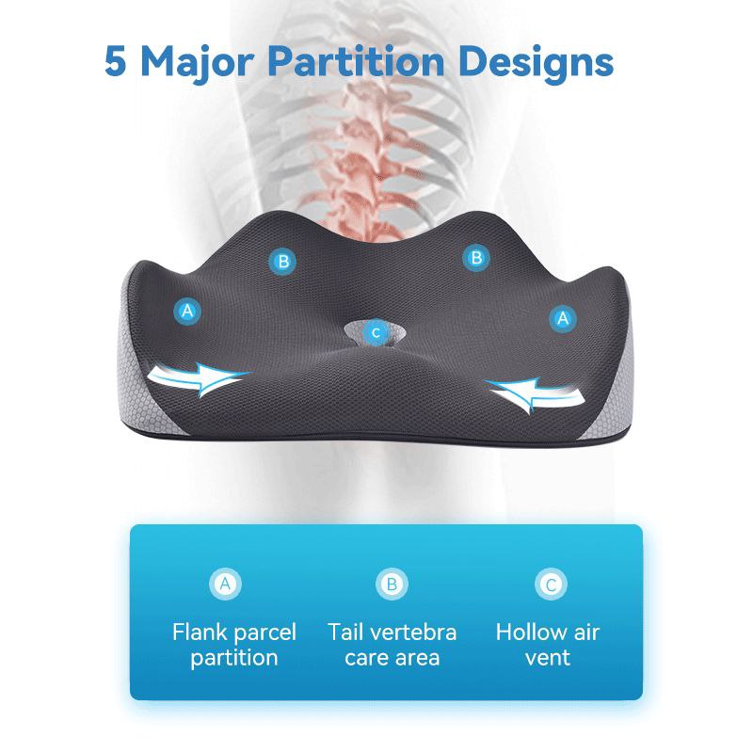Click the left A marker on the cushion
pos(188,310)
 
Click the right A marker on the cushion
pos(563,318)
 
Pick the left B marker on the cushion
pos(282,261)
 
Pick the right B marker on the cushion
pos(476,256)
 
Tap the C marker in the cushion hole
pos(376,331)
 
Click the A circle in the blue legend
pos(224,585)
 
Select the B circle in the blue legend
pos(392,585)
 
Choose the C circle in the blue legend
pos(551,585)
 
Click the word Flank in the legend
pos(200,632)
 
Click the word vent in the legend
pos(548,657)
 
